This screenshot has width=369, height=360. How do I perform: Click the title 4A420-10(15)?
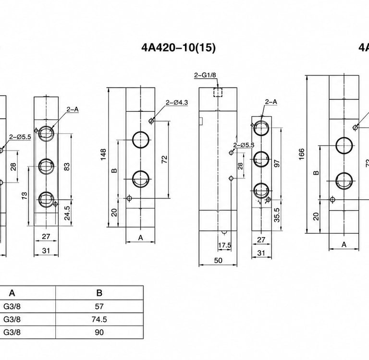(x=178, y=48)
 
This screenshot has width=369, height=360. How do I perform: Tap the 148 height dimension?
(x=103, y=154)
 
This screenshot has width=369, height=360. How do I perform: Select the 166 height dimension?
(x=302, y=154)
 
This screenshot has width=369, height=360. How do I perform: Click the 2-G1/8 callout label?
(x=205, y=75)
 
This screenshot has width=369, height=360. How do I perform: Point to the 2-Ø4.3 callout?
(x=177, y=103)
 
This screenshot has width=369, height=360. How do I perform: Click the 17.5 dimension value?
(x=224, y=245)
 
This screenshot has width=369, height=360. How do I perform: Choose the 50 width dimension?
(x=218, y=260)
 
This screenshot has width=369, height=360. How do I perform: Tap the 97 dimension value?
(x=277, y=163)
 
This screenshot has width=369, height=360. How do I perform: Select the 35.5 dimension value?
(x=277, y=215)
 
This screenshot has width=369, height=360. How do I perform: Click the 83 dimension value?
(x=67, y=167)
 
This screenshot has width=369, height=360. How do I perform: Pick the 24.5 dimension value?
(x=67, y=213)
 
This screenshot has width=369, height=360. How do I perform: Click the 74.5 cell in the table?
(x=99, y=319)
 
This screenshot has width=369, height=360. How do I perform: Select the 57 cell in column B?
(x=99, y=306)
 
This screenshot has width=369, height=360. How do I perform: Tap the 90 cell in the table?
(x=99, y=332)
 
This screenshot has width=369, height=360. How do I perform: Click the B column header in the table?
(x=99, y=293)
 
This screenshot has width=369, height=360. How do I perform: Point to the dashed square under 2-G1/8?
(x=218, y=92)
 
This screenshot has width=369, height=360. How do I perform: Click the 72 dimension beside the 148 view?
(x=164, y=159)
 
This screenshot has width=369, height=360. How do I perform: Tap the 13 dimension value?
(x=25, y=196)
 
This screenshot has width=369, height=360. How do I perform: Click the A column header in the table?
(x=12, y=293)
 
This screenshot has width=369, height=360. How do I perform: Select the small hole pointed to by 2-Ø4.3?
(x=151, y=121)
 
